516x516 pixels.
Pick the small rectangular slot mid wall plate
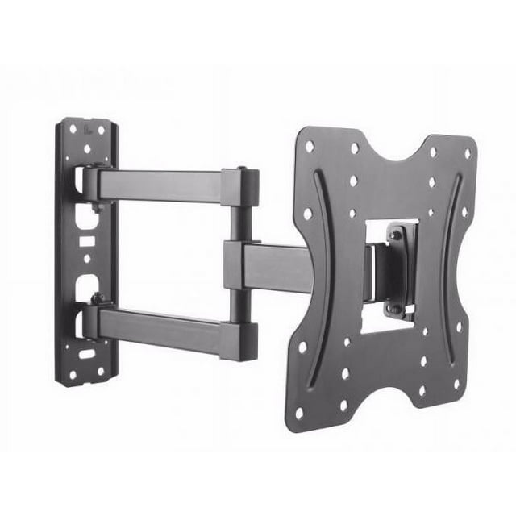85,241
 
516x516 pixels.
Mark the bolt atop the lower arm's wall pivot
96,299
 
